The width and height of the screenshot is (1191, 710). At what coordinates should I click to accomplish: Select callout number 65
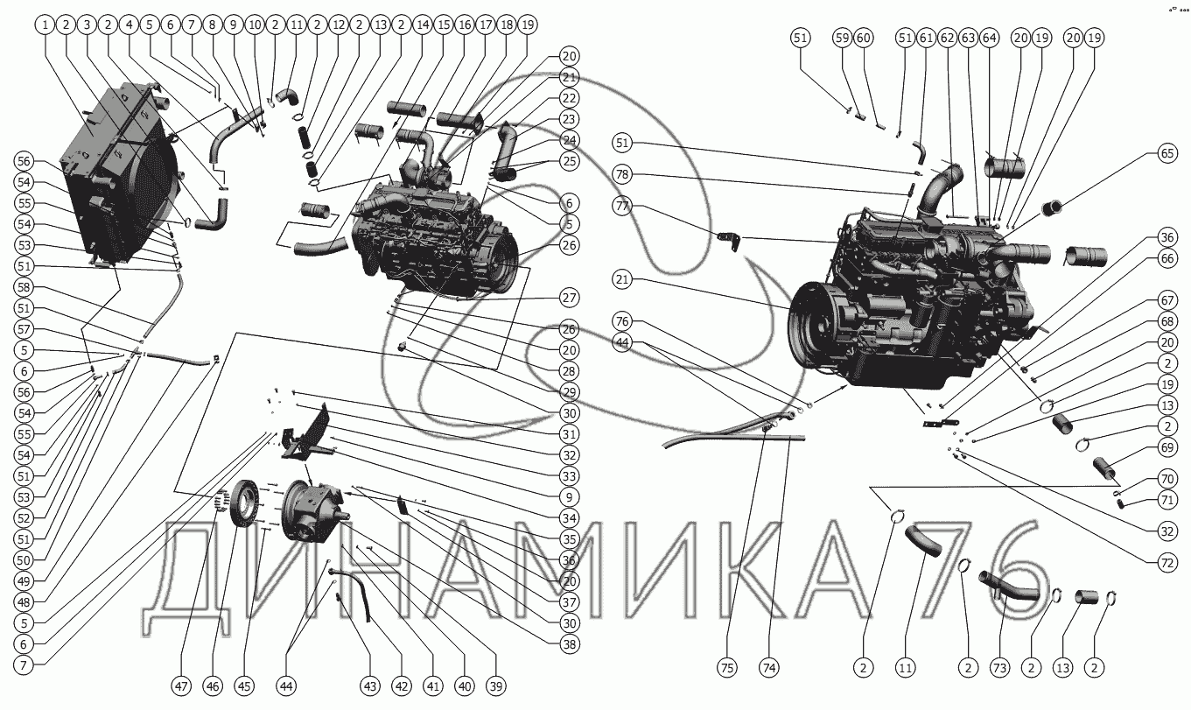tap(1166, 153)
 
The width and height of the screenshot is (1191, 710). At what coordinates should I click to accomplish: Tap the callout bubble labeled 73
tap(998, 668)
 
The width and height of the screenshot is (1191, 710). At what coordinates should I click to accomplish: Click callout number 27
tap(570, 299)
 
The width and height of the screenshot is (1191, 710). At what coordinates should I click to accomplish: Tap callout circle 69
tap(1166, 447)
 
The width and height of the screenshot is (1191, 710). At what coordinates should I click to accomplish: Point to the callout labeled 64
tap(989, 38)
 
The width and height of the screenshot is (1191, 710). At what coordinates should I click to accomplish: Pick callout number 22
tap(570, 98)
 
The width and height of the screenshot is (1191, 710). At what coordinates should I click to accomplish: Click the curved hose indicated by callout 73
tap(1006, 585)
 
